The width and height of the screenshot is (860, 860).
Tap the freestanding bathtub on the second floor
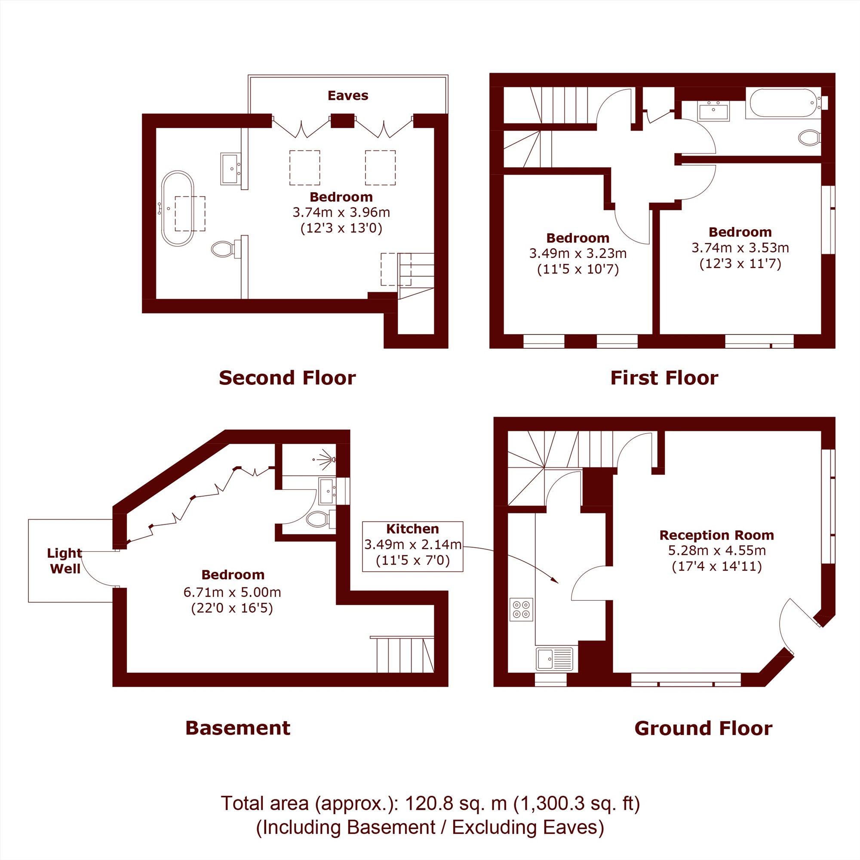point(178,208)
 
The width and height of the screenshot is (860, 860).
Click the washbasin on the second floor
point(230,169)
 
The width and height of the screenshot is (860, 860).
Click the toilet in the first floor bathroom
point(810,138)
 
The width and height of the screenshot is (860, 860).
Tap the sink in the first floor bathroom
point(713,111)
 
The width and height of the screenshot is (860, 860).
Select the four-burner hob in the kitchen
point(521,609)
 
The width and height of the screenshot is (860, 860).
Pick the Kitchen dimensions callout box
point(413,546)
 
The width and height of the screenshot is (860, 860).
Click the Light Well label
point(65,560)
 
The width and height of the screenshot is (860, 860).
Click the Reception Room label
point(717,535)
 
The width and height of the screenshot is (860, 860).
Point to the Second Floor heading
point(287,378)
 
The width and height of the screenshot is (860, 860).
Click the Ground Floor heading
point(703,729)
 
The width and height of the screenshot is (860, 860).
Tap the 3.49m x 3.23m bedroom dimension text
point(578,253)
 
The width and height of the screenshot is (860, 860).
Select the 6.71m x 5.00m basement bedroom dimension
point(232,592)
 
